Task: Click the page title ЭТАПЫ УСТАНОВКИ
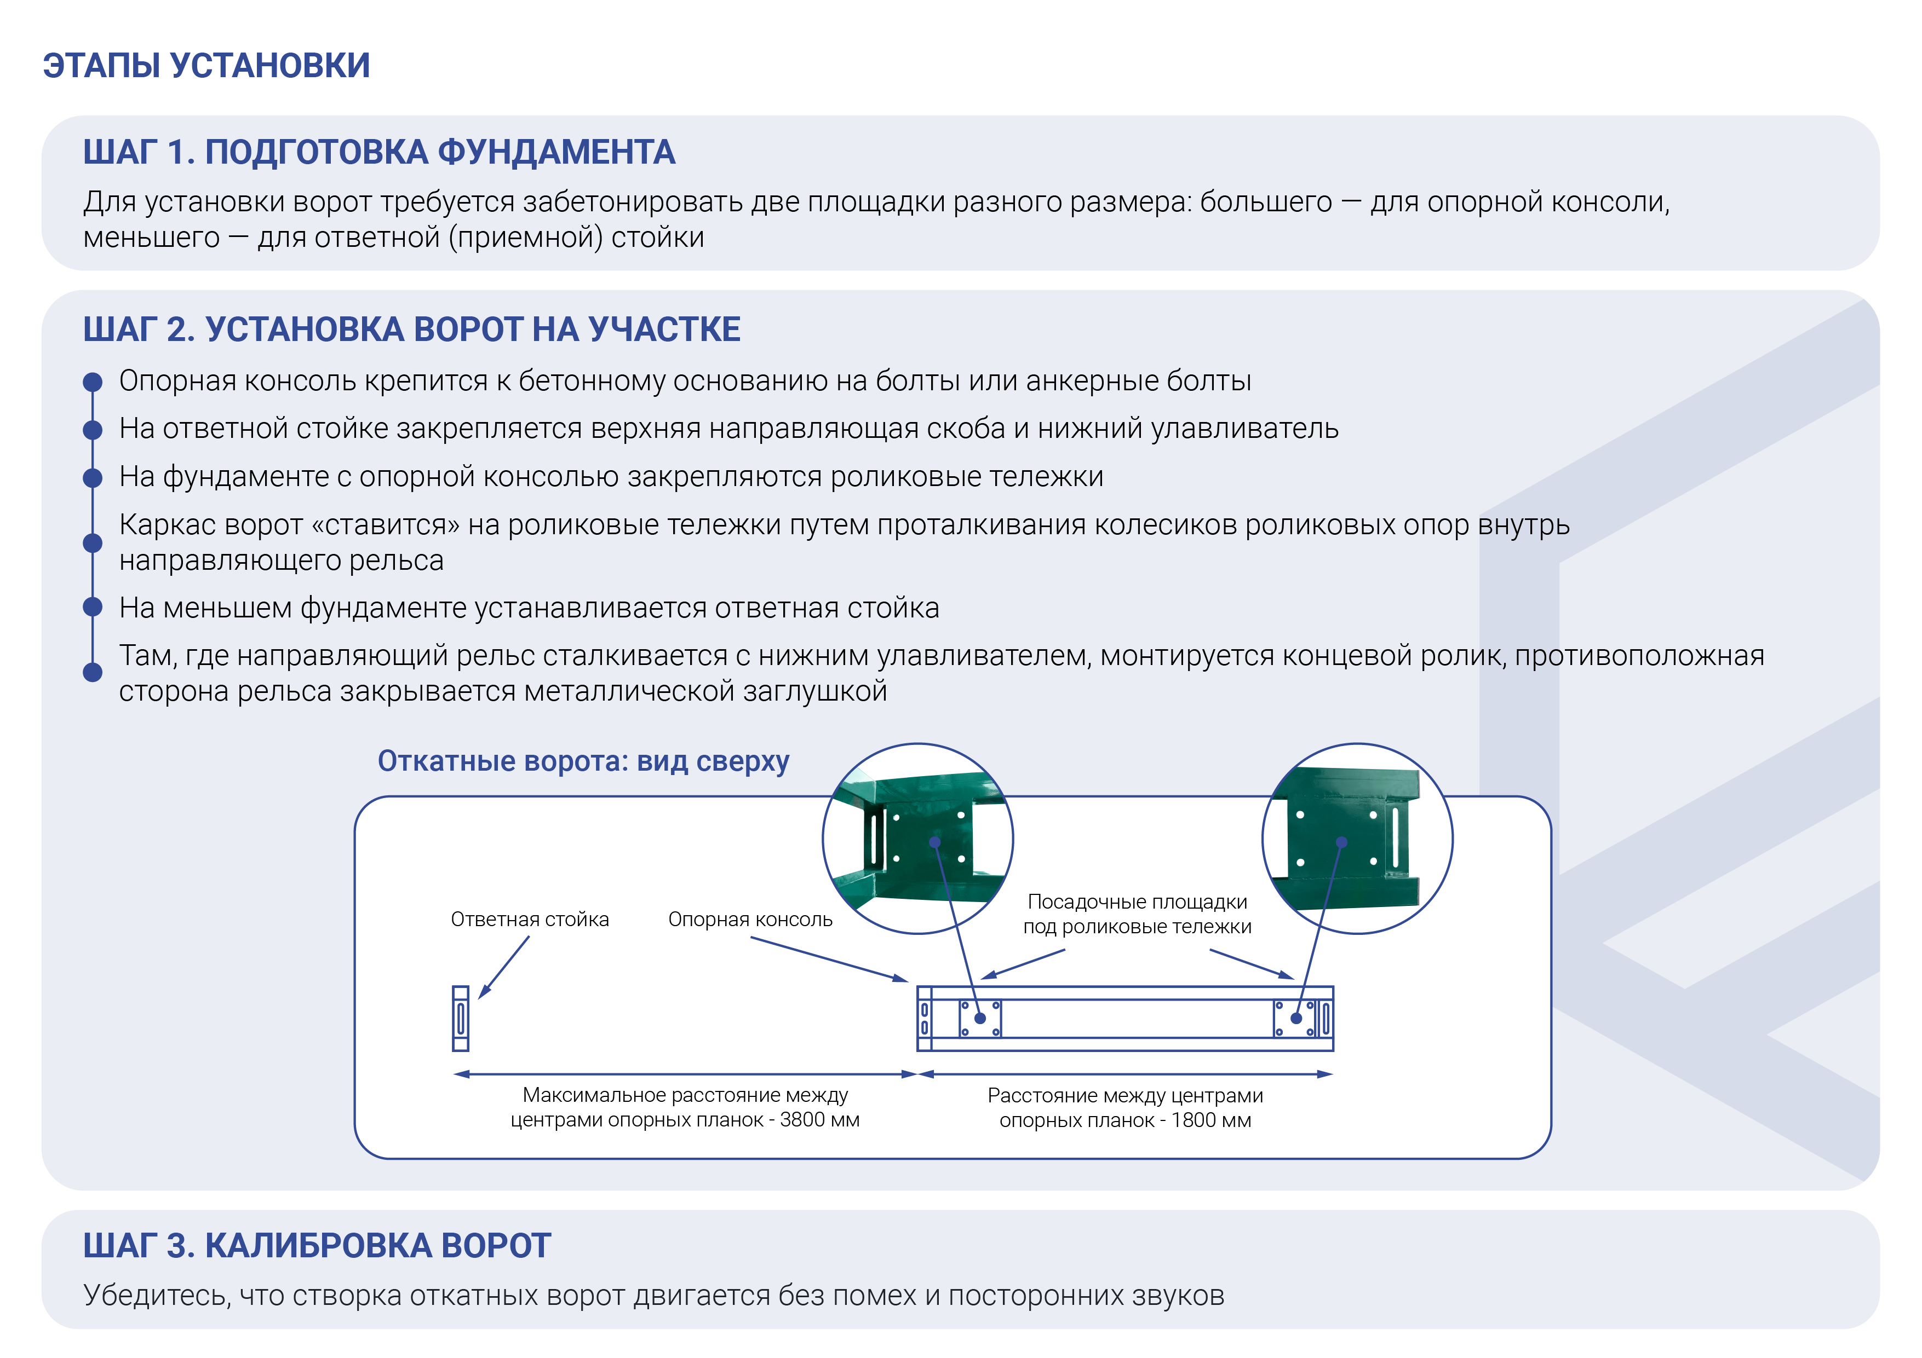tap(206, 65)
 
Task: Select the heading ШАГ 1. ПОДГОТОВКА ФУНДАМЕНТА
tap(378, 152)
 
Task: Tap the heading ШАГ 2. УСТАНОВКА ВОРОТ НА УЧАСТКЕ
tap(411, 330)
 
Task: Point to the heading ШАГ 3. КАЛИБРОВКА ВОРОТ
tap(317, 1246)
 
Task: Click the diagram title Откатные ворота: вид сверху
tap(583, 761)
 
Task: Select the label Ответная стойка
tap(530, 920)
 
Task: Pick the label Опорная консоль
tap(750, 920)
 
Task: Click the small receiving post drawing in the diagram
tap(461, 1018)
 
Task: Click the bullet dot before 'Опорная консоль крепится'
tap(93, 383)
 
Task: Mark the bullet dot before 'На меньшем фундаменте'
tap(93, 606)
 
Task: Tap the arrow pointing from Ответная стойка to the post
tap(504, 967)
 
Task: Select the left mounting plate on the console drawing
tap(980, 1018)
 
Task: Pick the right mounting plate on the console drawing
tap(1294, 1018)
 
